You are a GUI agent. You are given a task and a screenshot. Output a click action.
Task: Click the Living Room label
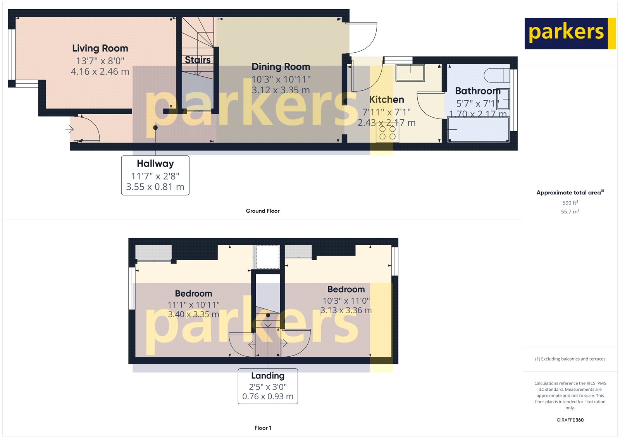(100, 48)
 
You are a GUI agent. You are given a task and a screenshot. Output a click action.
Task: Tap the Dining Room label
(281, 67)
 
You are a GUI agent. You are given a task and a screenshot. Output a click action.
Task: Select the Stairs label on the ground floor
(198, 60)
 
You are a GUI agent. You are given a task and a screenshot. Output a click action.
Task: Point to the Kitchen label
(386, 100)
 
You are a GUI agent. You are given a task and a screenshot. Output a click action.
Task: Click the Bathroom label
(477, 91)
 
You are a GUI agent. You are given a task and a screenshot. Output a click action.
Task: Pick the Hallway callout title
(155, 163)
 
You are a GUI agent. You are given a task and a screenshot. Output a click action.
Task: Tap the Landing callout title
(268, 376)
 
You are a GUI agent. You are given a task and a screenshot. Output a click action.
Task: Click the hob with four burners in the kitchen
(387, 133)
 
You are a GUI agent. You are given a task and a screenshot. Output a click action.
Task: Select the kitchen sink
(410, 72)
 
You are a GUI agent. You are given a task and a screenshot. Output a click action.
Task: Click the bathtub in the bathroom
(478, 130)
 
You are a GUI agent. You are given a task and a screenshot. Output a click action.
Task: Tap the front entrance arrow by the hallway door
(69, 129)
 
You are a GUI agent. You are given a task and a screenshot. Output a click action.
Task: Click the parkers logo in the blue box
(566, 33)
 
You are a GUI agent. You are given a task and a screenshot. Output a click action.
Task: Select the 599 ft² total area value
(570, 203)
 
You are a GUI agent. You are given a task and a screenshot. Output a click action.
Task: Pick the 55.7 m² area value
(570, 211)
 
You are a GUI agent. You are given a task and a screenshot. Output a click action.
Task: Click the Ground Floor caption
(262, 211)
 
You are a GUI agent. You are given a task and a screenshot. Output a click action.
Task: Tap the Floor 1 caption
(263, 428)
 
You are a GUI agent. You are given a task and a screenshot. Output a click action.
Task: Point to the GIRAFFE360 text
(570, 420)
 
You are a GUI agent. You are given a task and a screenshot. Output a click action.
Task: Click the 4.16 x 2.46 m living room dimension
(100, 72)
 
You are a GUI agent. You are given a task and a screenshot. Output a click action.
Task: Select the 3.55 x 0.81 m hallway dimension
(155, 187)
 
